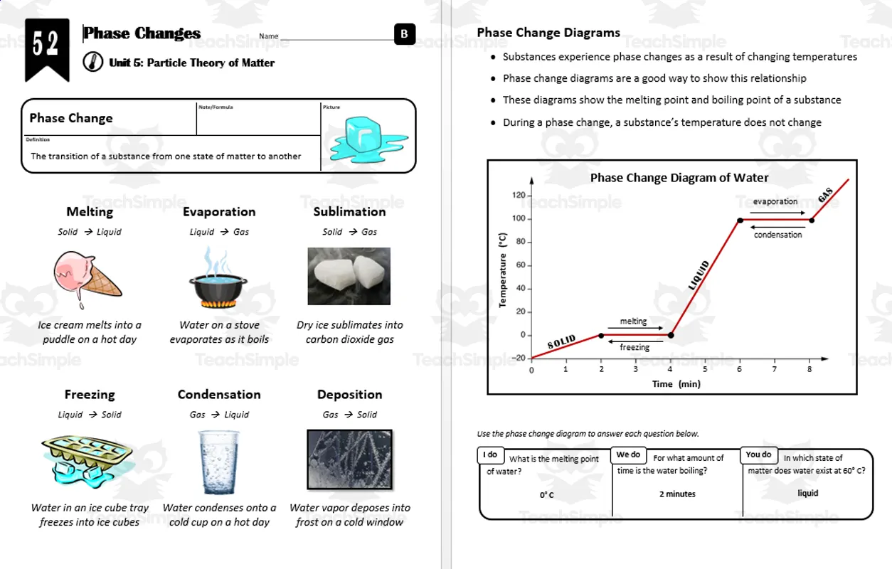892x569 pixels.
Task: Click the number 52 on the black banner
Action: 46,45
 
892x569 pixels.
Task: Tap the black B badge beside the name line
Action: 404,34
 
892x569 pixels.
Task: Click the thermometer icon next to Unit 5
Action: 92,63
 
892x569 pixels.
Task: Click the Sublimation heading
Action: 349,212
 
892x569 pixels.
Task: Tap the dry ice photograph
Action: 349,276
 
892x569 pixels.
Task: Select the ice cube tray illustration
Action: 87,459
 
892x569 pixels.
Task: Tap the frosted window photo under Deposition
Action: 349,459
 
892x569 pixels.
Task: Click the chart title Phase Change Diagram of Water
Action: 679,178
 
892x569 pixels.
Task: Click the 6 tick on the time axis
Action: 739,369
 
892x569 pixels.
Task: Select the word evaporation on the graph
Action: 775,201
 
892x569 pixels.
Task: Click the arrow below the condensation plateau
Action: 777,226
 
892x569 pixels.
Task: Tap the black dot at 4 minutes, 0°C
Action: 671,335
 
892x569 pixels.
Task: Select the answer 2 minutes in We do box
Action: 677,494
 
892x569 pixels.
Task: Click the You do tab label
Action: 758,454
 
